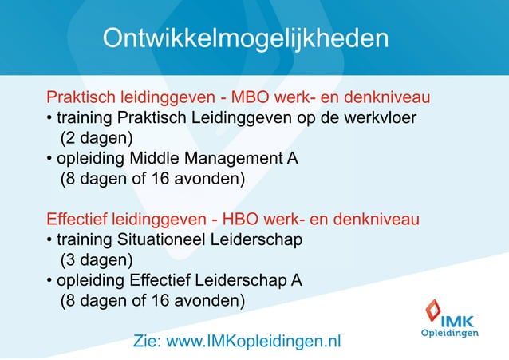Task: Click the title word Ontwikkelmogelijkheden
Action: [x=246, y=38]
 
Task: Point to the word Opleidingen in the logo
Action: [x=450, y=332]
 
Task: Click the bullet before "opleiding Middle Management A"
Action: [x=49, y=159]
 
